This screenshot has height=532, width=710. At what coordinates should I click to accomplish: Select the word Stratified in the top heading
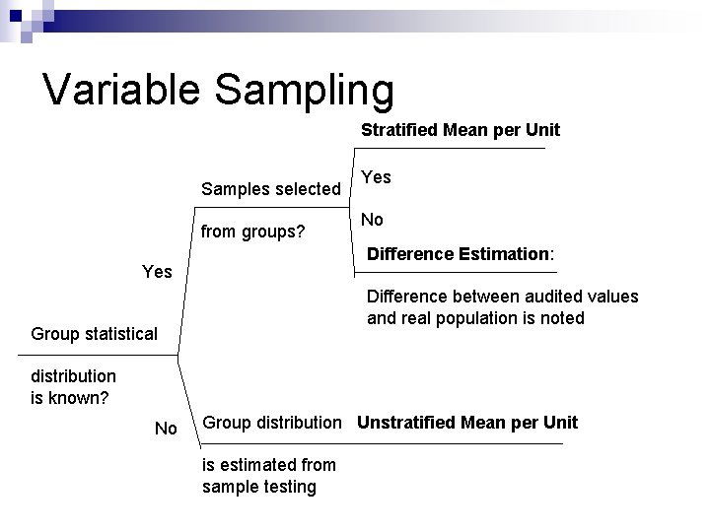399,129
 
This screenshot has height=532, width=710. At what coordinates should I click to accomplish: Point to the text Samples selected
270,188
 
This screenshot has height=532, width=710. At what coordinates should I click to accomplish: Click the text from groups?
252,233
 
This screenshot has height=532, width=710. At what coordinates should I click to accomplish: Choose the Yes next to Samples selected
376,177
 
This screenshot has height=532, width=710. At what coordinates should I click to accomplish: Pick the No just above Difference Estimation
372,220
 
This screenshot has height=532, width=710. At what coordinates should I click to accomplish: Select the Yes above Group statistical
157,271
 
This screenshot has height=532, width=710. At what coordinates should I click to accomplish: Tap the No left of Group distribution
166,429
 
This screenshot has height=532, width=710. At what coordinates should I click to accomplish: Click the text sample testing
259,487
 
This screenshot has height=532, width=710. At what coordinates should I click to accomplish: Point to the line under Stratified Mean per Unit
450,149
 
